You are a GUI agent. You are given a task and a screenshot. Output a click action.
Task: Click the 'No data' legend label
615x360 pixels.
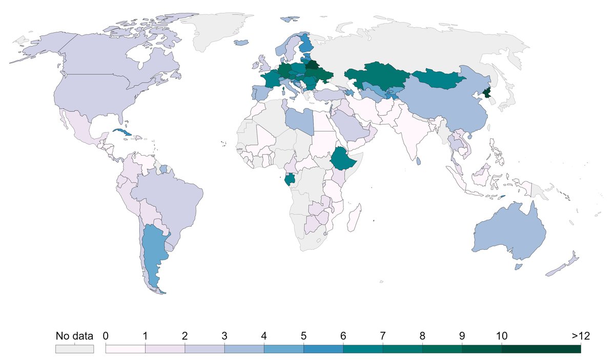coord(74,336)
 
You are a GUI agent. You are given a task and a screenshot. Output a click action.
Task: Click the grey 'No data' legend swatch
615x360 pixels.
coord(74,349)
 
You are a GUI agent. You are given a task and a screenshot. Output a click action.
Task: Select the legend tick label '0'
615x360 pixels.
coord(106,336)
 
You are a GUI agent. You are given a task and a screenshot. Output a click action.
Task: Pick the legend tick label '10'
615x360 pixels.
coord(502,336)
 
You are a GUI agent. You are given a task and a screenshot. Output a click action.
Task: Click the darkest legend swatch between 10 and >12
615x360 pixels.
coord(541,349)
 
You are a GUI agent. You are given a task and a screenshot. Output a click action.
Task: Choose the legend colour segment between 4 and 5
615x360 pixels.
coord(284,349)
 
